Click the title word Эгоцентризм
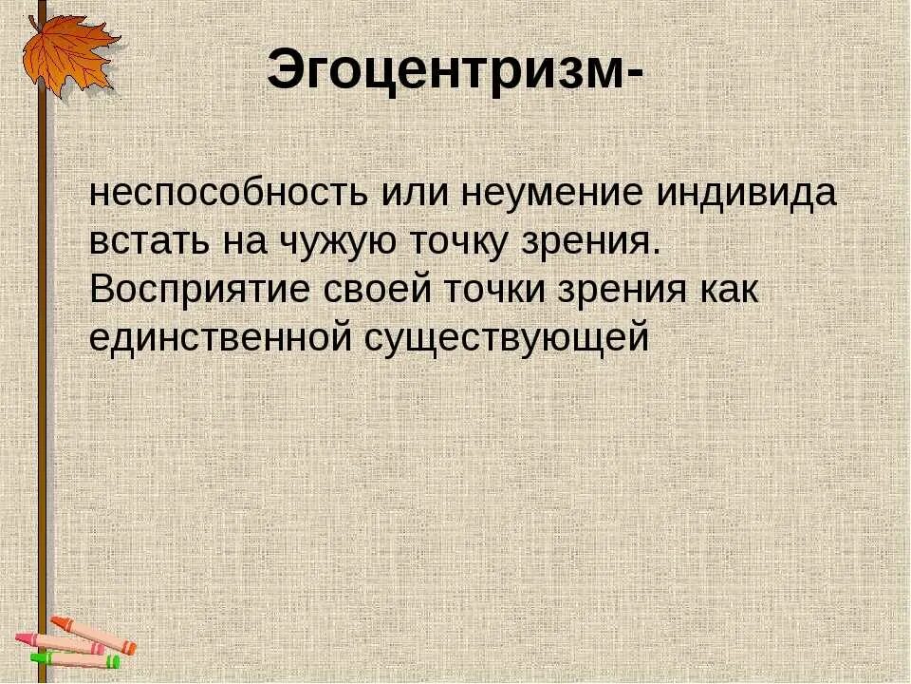(441, 71)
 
